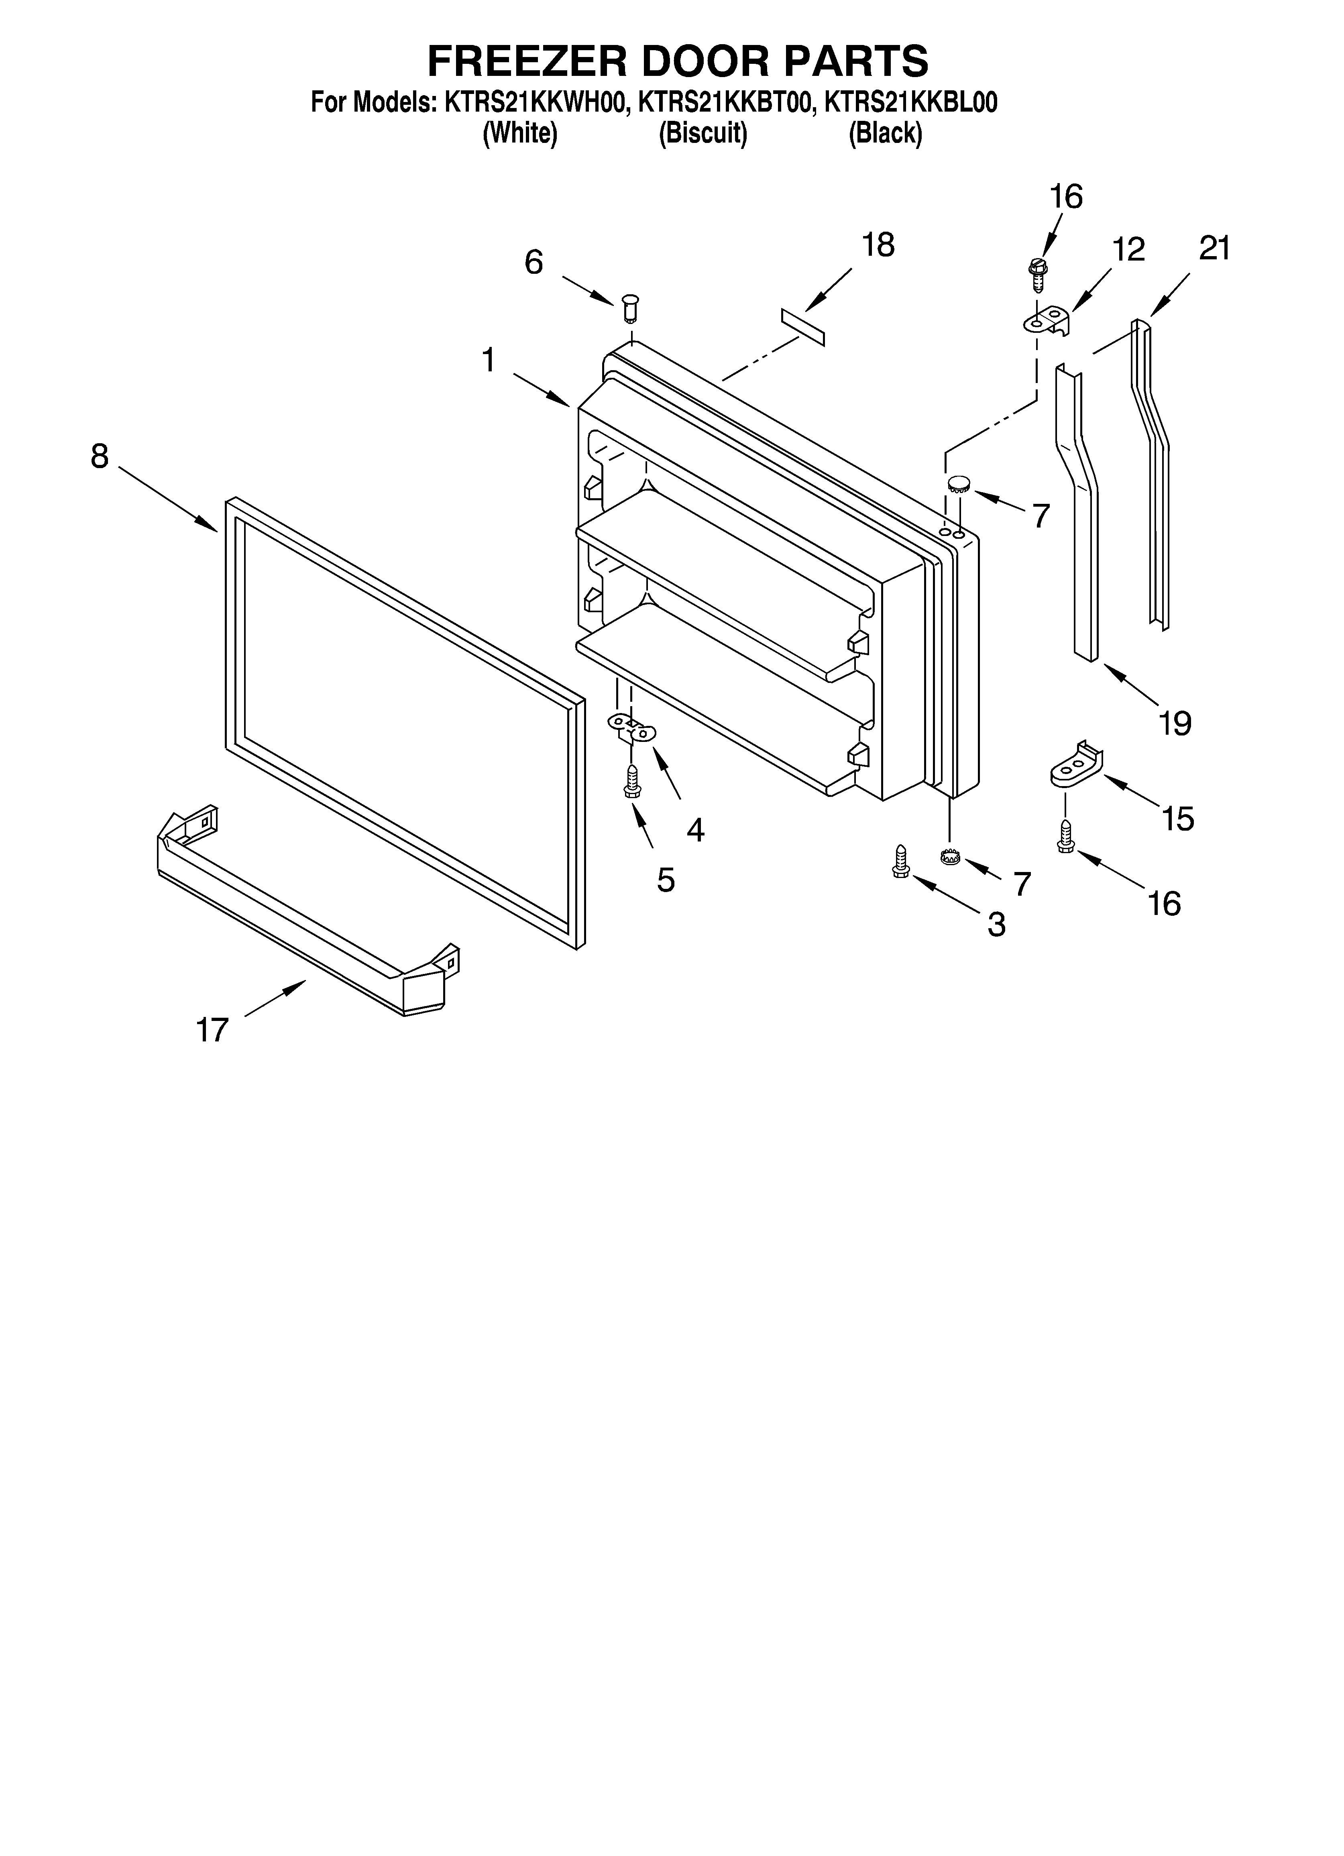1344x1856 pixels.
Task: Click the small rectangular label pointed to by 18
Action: click(x=803, y=327)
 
